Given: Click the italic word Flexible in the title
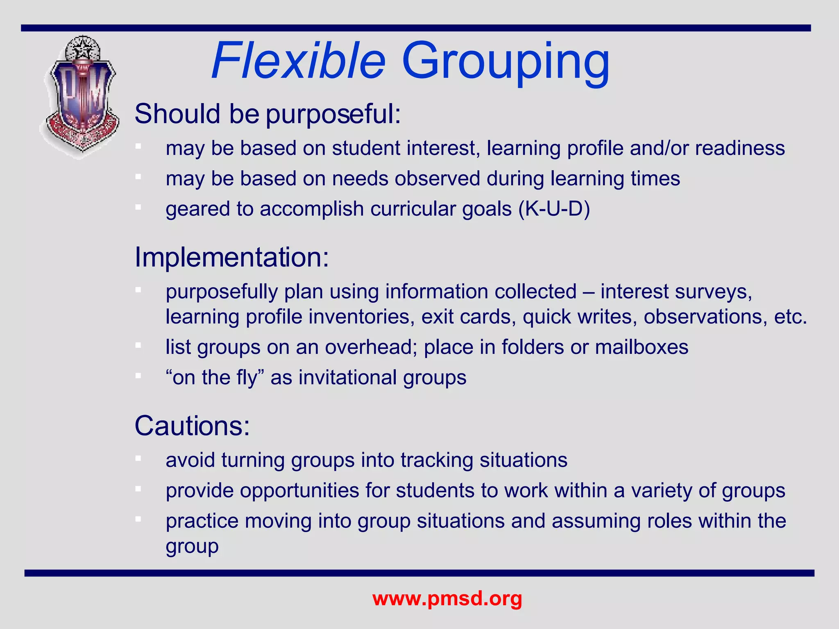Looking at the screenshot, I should (x=299, y=61).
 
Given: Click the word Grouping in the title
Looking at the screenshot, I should (x=506, y=61).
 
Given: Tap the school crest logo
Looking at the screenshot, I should (x=82, y=97).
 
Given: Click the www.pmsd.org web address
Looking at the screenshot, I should (x=447, y=598).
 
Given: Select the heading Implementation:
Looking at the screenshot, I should (x=231, y=257).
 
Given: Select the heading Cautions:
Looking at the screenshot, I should (x=192, y=426).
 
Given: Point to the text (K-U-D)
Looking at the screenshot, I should (x=554, y=209).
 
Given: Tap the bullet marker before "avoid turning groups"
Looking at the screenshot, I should (x=138, y=458).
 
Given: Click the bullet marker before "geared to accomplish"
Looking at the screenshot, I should (x=138, y=207).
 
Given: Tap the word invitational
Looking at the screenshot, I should (x=348, y=377).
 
